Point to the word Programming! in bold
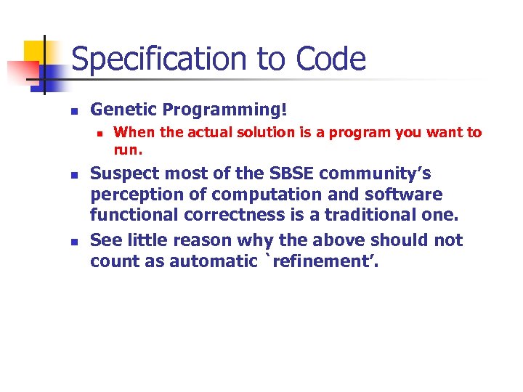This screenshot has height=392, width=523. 225,110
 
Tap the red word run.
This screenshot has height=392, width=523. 128,150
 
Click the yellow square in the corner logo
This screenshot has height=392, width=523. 35,52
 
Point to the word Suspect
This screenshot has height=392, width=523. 124,174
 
